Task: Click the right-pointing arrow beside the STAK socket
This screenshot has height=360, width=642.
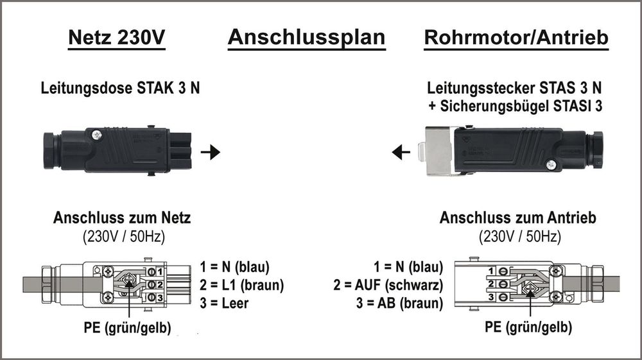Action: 210,153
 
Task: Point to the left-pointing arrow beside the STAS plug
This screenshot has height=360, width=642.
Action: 401,153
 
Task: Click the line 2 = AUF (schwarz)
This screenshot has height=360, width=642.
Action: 390,285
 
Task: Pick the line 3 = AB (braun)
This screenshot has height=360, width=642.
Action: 399,303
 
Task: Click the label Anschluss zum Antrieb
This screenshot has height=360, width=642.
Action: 517,218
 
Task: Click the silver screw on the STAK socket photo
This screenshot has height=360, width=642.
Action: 97,135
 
